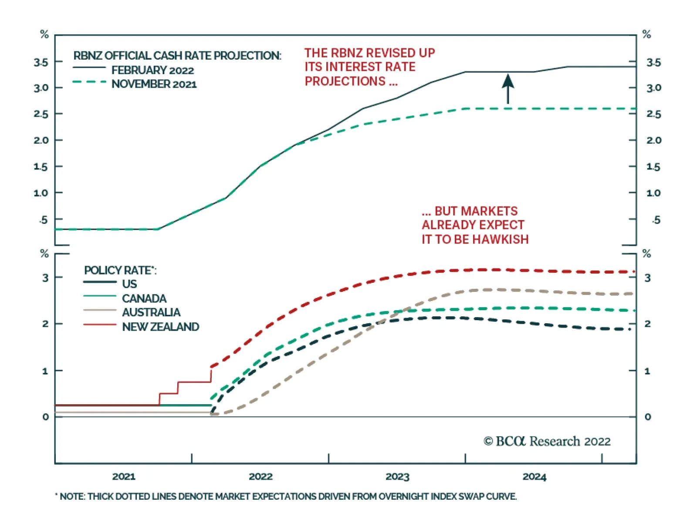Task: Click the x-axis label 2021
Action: pyautogui.click(x=124, y=476)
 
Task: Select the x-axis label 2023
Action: pyautogui.click(x=397, y=476)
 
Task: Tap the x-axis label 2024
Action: pyautogui.click(x=534, y=476)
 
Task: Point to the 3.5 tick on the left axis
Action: pyautogui.click(x=41, y=62)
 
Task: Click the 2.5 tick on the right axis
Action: pyautogui.click(x=653, y=114)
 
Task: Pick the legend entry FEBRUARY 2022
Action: pyautogui.click(x=152, y=70)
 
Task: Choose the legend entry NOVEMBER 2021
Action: pyautogui.click(x=154, y=84)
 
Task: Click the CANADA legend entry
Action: pyautogui.click(x=144, y=298)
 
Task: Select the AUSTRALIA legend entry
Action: pyautogui.click(x=151, y=312)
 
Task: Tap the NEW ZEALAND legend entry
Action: pyautogui.click(x=160, y=327)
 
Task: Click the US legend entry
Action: pyautogui.click(x=129, y=284)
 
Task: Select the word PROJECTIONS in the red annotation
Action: pyautogui.click(x=345, y=81)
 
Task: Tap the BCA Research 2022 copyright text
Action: pyautogui.click(x=547, y=441)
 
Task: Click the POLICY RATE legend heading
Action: pyautogui.click(x=120, y=270)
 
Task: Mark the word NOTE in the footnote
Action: pyautogui.click(x=72, y=496)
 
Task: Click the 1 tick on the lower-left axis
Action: pyautogui.click(x=45, y=371)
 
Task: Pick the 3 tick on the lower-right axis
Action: pyautogui.click(x=647, y=278)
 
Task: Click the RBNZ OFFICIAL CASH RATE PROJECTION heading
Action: pyautogui.click(x=177, y=56)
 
